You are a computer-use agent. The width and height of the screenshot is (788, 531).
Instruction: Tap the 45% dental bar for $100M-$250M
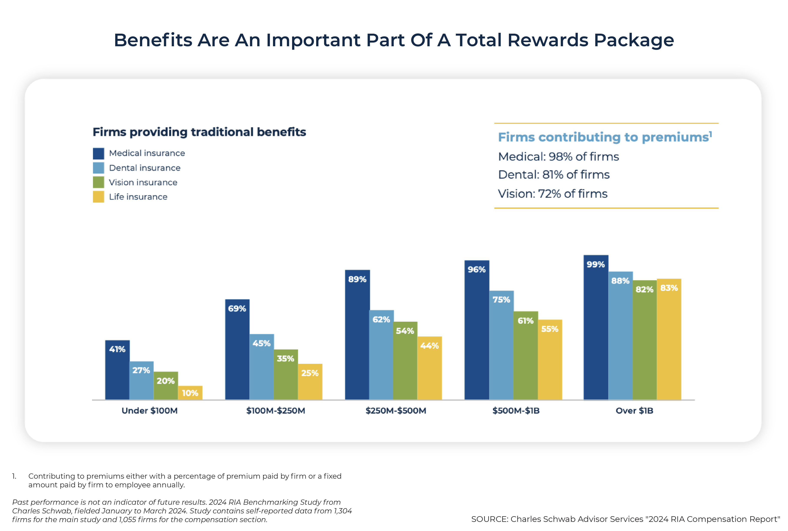tap(262, 367)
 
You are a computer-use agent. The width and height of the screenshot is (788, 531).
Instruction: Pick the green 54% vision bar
tap(405, 361)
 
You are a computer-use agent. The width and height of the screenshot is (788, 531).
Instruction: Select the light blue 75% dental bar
tap(501, 345)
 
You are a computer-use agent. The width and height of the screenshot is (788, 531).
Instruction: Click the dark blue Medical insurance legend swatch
tap(99, 153)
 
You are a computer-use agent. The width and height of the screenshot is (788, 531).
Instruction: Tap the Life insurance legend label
tap(138, 197)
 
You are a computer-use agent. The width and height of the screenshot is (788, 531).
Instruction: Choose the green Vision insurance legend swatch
tap(99, 182)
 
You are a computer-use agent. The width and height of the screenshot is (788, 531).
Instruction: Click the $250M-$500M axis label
tap(396, 411)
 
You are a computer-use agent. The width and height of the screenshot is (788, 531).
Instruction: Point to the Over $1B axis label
tap(634, 411)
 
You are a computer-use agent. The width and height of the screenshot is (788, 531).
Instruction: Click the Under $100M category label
tap(150, 411)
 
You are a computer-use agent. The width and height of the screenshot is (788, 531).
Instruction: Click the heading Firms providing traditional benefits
tap(199, 132)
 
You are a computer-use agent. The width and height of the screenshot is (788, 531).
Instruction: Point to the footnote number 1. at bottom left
tap(14, 476)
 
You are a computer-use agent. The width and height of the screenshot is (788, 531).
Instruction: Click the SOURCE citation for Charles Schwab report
tap(625, 519)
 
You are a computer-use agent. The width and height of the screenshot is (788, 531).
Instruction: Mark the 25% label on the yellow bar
tap(310, 373)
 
